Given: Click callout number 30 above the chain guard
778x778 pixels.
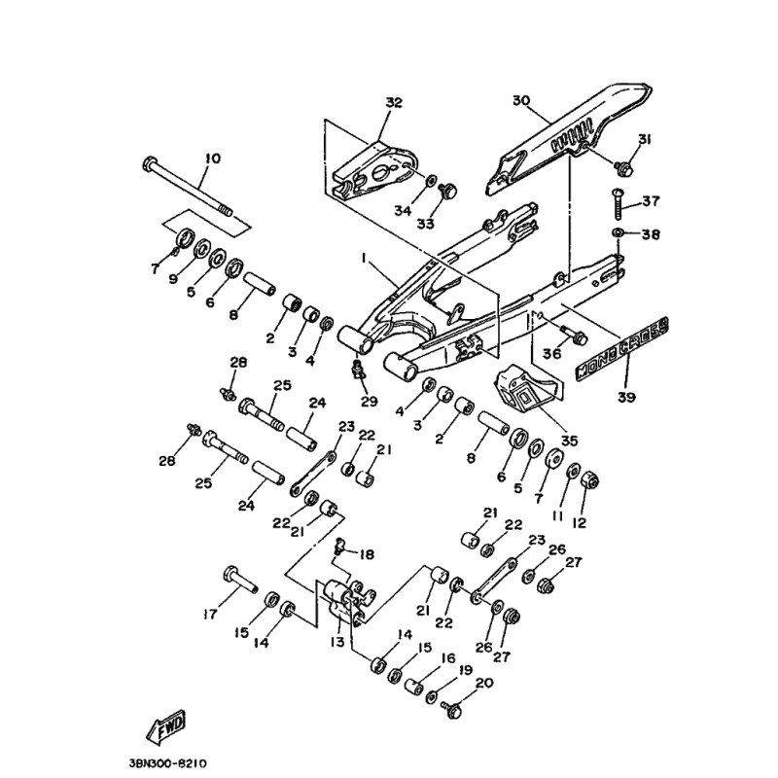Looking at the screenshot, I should [x=520, y=100].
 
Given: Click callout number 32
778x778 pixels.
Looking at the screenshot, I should [x=392, y=102].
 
